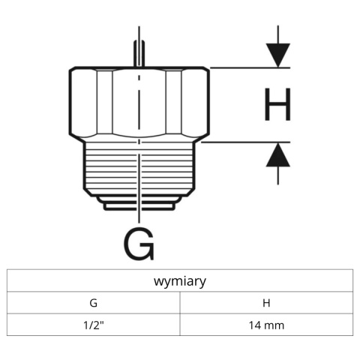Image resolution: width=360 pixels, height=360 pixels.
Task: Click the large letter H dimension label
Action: click(277, 105)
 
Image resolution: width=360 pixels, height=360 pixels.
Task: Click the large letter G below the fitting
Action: click(139, 244)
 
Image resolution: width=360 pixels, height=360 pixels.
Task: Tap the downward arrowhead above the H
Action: click(277, 55)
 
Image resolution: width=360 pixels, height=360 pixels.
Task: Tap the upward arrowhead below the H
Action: click(277, 155)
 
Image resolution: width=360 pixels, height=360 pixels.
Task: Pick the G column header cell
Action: click(93, 303)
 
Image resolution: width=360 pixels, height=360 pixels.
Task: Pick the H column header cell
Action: click(266, 303)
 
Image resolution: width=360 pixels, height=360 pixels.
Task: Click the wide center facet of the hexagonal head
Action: click(139, 103)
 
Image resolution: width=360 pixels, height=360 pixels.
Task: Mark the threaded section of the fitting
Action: click(112, 169)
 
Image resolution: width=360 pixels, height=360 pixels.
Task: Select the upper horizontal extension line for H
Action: click(247, 68)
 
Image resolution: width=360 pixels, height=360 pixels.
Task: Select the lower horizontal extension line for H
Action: click(247, 141)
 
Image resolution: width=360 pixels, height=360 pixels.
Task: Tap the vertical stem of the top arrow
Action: click(277, 34)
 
